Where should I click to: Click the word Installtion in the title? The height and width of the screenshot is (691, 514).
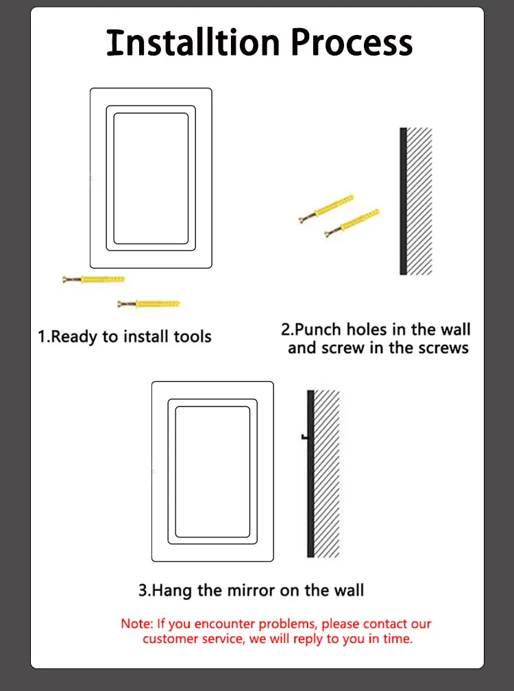click(x=193, y=43)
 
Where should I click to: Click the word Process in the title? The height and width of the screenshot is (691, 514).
click(x=352, y=43)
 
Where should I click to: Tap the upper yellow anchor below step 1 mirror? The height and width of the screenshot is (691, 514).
click(x=93, y=280)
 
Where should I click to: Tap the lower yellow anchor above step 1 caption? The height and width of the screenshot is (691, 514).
click(x=149, y=304)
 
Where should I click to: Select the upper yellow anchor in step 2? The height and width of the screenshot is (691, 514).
click(x=326, y=208)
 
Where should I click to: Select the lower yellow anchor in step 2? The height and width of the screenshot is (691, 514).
click(x=352, y=223)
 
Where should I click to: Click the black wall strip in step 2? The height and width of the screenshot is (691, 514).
click(x=403, y=202)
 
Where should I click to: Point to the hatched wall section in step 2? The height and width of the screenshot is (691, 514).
click(x=419, y=202)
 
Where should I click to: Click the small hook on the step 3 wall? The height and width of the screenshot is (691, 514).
click(x=304, y=437)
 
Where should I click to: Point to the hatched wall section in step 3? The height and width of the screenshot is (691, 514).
click(x=326, y=474)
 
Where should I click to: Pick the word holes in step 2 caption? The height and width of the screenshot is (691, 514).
click(x=367, y=330)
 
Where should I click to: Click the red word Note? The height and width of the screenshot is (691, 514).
click(x=137, y=624)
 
